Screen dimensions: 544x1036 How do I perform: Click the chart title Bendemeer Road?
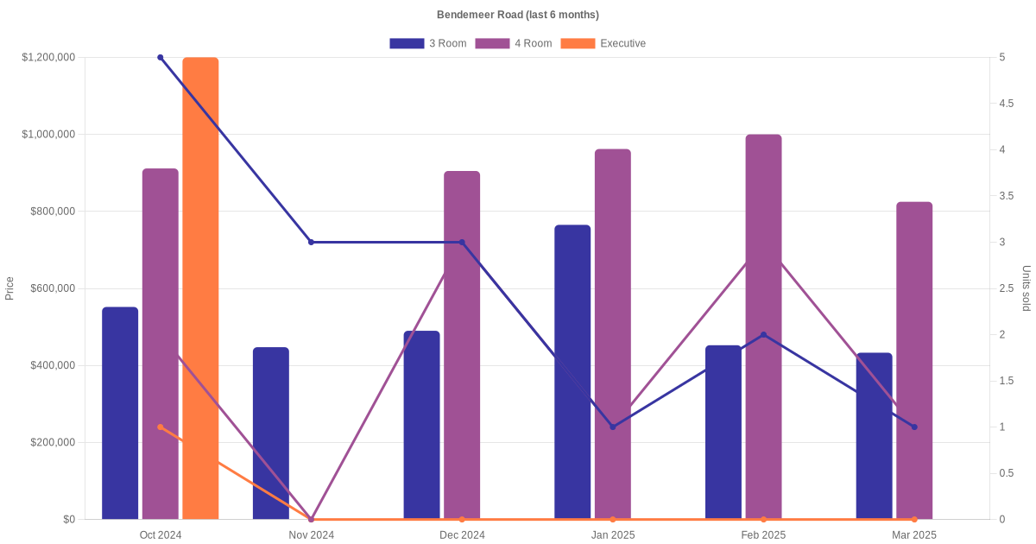click(517, 15)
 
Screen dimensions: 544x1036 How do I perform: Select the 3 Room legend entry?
click(427, 43)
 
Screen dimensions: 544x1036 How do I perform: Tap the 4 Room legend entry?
click(513, 43)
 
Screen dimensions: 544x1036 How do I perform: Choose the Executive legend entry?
click(603, 43)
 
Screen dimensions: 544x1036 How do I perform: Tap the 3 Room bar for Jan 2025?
click(572, 372)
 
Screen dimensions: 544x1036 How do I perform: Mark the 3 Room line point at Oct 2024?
click(161, 58)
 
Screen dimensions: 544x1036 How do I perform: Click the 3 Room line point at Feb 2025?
click(763, 335)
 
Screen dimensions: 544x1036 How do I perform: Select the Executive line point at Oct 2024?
click(161, 427)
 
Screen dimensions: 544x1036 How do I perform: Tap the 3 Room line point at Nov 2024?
click(312, 242)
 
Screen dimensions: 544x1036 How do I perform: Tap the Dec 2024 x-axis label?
click(462, 535)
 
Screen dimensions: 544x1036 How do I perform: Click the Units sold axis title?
click(1026, 288)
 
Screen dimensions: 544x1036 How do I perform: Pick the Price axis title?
click(9, 288)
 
